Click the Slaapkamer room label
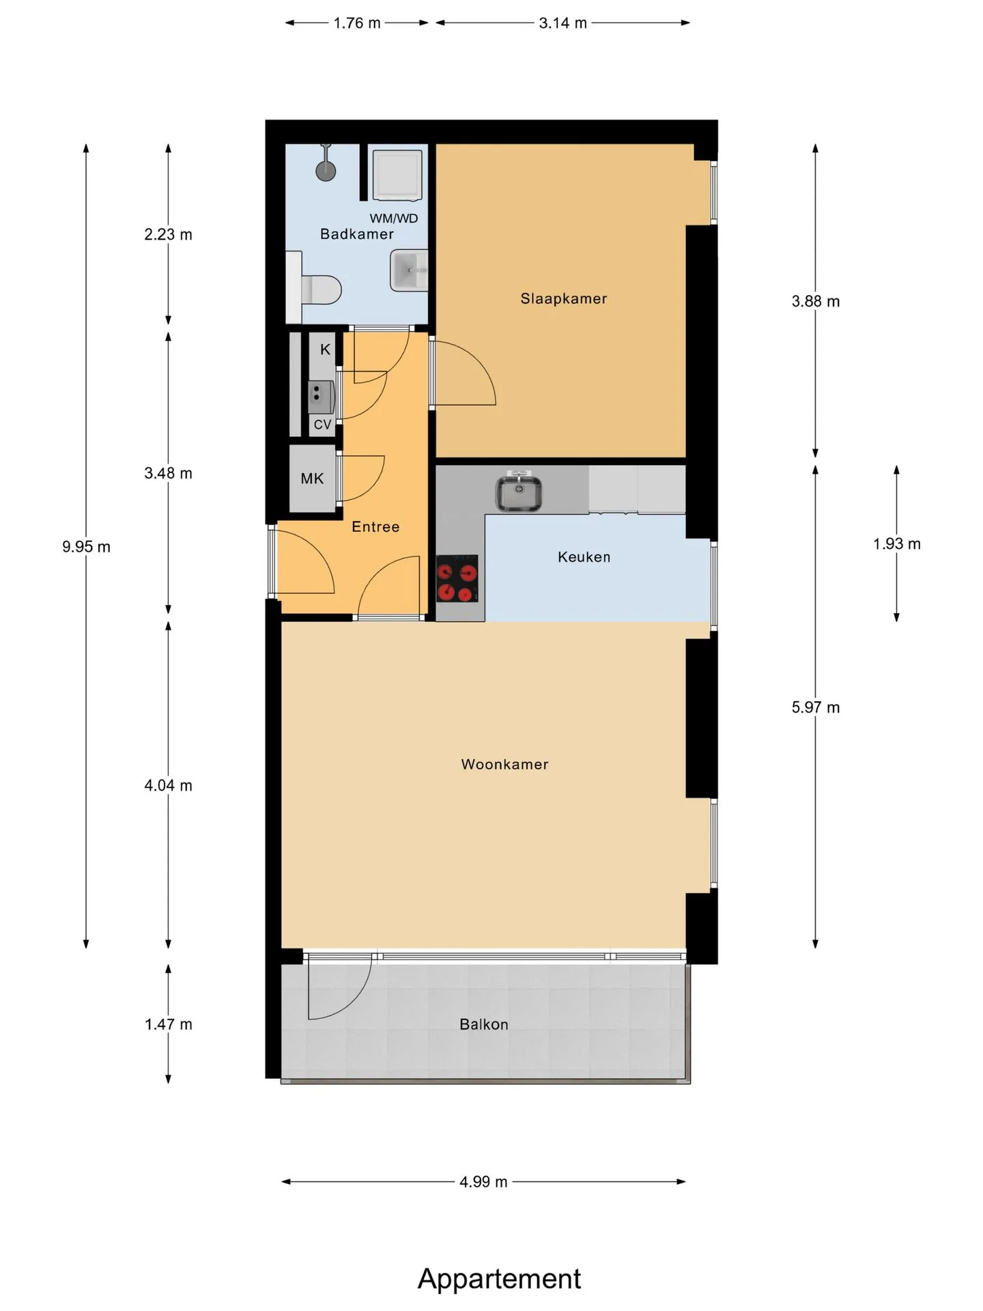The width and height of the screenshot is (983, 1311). click(563, 298)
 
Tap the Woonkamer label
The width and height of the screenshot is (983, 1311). click(504, 764)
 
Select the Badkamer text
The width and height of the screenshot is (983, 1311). click(357, 234)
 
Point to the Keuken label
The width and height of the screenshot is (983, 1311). click(584, 557)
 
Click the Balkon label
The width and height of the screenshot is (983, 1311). click(483, 1024)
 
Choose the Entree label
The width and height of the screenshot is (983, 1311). click(375, 526)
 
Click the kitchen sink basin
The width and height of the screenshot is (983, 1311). click(519, 493)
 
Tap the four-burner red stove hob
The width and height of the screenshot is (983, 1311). click(457, 578)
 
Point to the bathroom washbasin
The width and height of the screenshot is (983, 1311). click(409, 270)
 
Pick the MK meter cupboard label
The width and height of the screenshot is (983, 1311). click(312, 479)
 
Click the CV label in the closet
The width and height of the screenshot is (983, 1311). click(322, 425)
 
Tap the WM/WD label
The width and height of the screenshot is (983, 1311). click(394, 218)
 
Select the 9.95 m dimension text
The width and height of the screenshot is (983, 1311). click(86, 546)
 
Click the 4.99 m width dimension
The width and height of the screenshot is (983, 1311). click(483, 1182)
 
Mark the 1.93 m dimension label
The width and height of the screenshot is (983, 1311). click(896, 544)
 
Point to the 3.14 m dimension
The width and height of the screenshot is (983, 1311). click(562, 23)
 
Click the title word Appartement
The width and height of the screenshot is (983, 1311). click(499, 1279)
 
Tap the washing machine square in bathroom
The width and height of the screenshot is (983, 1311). click(397, 175)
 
